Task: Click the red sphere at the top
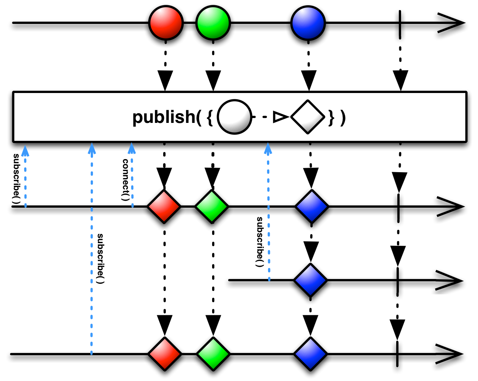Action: (x=166, y=23)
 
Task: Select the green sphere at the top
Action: (x=213, y=23)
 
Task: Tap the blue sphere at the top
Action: (x=308, y=23)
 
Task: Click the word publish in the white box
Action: (x=164, y=117)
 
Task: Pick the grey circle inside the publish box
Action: (x=234, y=117)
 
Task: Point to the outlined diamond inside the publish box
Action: (x=308, y=117)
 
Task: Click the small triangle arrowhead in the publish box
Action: (x=280, y=117)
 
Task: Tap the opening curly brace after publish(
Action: (x=209, y=117)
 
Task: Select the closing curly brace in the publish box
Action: (x=331, y=117)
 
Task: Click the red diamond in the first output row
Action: (x=164, y=207)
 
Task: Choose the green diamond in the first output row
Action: (x=212, y=207)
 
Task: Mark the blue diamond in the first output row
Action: (x=312, y=207)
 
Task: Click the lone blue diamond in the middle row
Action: (x=310, y=280)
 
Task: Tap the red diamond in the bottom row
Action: (x=165, y=354)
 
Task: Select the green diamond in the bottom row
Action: (x=213, y=354)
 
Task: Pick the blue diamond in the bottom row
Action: (x=310, y=354)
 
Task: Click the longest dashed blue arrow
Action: (x=91, y=254)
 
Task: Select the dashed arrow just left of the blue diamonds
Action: (x=269, y=217)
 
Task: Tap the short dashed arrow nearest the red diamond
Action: (x=132, y=179)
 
